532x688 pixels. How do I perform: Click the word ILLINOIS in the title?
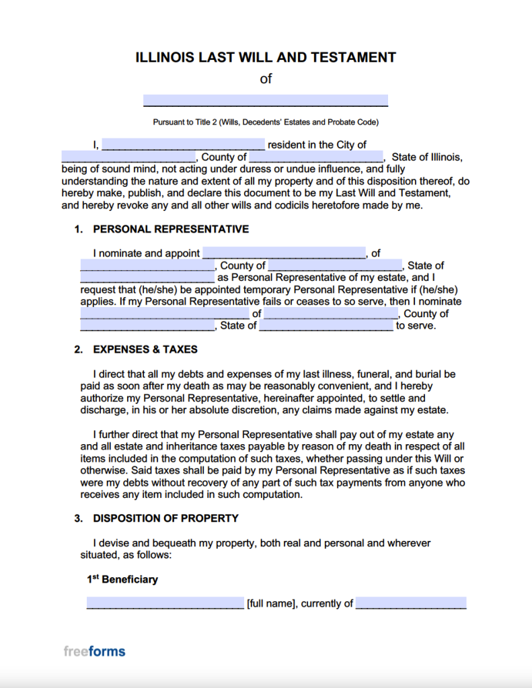click(x=165, y=57)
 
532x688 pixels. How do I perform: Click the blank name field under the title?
click(x=266, y=101)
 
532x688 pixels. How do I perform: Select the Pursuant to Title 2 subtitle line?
click(x=266, y=122)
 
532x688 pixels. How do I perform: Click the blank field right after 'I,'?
click(x=184, y=144)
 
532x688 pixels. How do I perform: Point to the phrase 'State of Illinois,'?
click(x=427, y=157)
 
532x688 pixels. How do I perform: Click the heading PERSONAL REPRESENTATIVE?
click(x=171, y=229)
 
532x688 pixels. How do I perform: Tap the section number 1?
click(x=78, y=229)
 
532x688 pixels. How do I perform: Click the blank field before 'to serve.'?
click(x=326, y=326)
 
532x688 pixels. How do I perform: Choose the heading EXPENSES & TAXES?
click(x=145, y=349)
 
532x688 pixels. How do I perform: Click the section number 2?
click(x=78, y=349)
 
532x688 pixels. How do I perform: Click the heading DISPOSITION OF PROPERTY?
click(x=165, y=518)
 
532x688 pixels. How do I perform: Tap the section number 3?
click(x=78, y=518)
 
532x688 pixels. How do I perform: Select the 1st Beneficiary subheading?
click(x=122, y=579)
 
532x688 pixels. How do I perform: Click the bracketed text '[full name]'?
click(x=271, y=603)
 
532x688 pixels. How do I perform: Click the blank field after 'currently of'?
click(x=411, y=603)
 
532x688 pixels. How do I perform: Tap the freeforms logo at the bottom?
click(x=94, y=651)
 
